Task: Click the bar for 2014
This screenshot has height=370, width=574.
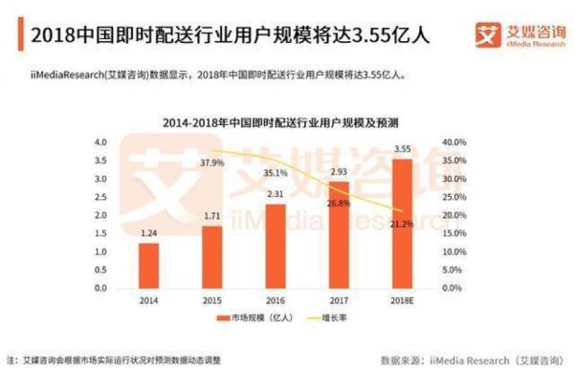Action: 148,265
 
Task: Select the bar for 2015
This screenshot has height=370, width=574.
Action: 211,255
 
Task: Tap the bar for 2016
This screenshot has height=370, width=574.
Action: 275,245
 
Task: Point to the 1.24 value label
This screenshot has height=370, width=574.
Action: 148,233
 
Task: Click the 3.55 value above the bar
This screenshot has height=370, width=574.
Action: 402,149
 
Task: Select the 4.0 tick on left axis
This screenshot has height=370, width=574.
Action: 99,141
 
